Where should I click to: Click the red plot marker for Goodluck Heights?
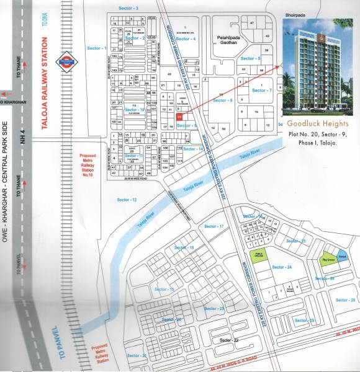(179, 115)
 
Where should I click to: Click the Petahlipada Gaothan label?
(230, 41)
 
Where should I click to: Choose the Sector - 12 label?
(127, 200)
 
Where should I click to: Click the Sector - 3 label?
(128, 8)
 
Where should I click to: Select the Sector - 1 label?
(97, 48)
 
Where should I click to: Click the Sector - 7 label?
(262, 91)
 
